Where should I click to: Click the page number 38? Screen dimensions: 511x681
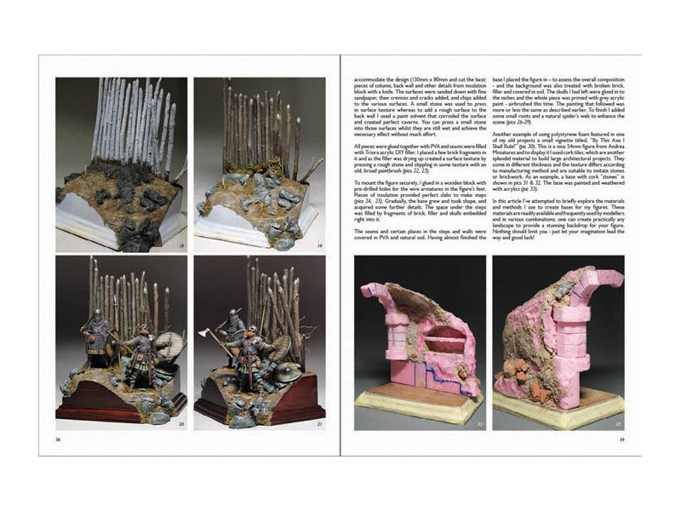(58, 440)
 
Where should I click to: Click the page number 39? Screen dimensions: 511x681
(622, 440)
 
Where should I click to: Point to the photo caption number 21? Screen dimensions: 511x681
(319, 423)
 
